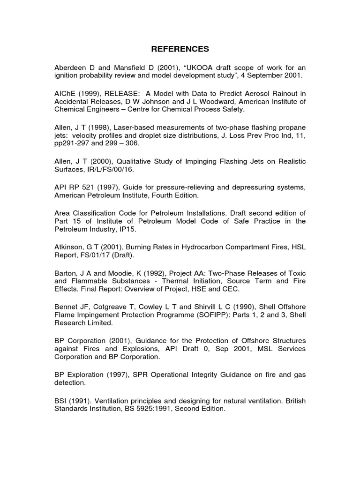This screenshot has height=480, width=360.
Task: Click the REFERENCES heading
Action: pyautogui.click(x=180, y=49)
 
